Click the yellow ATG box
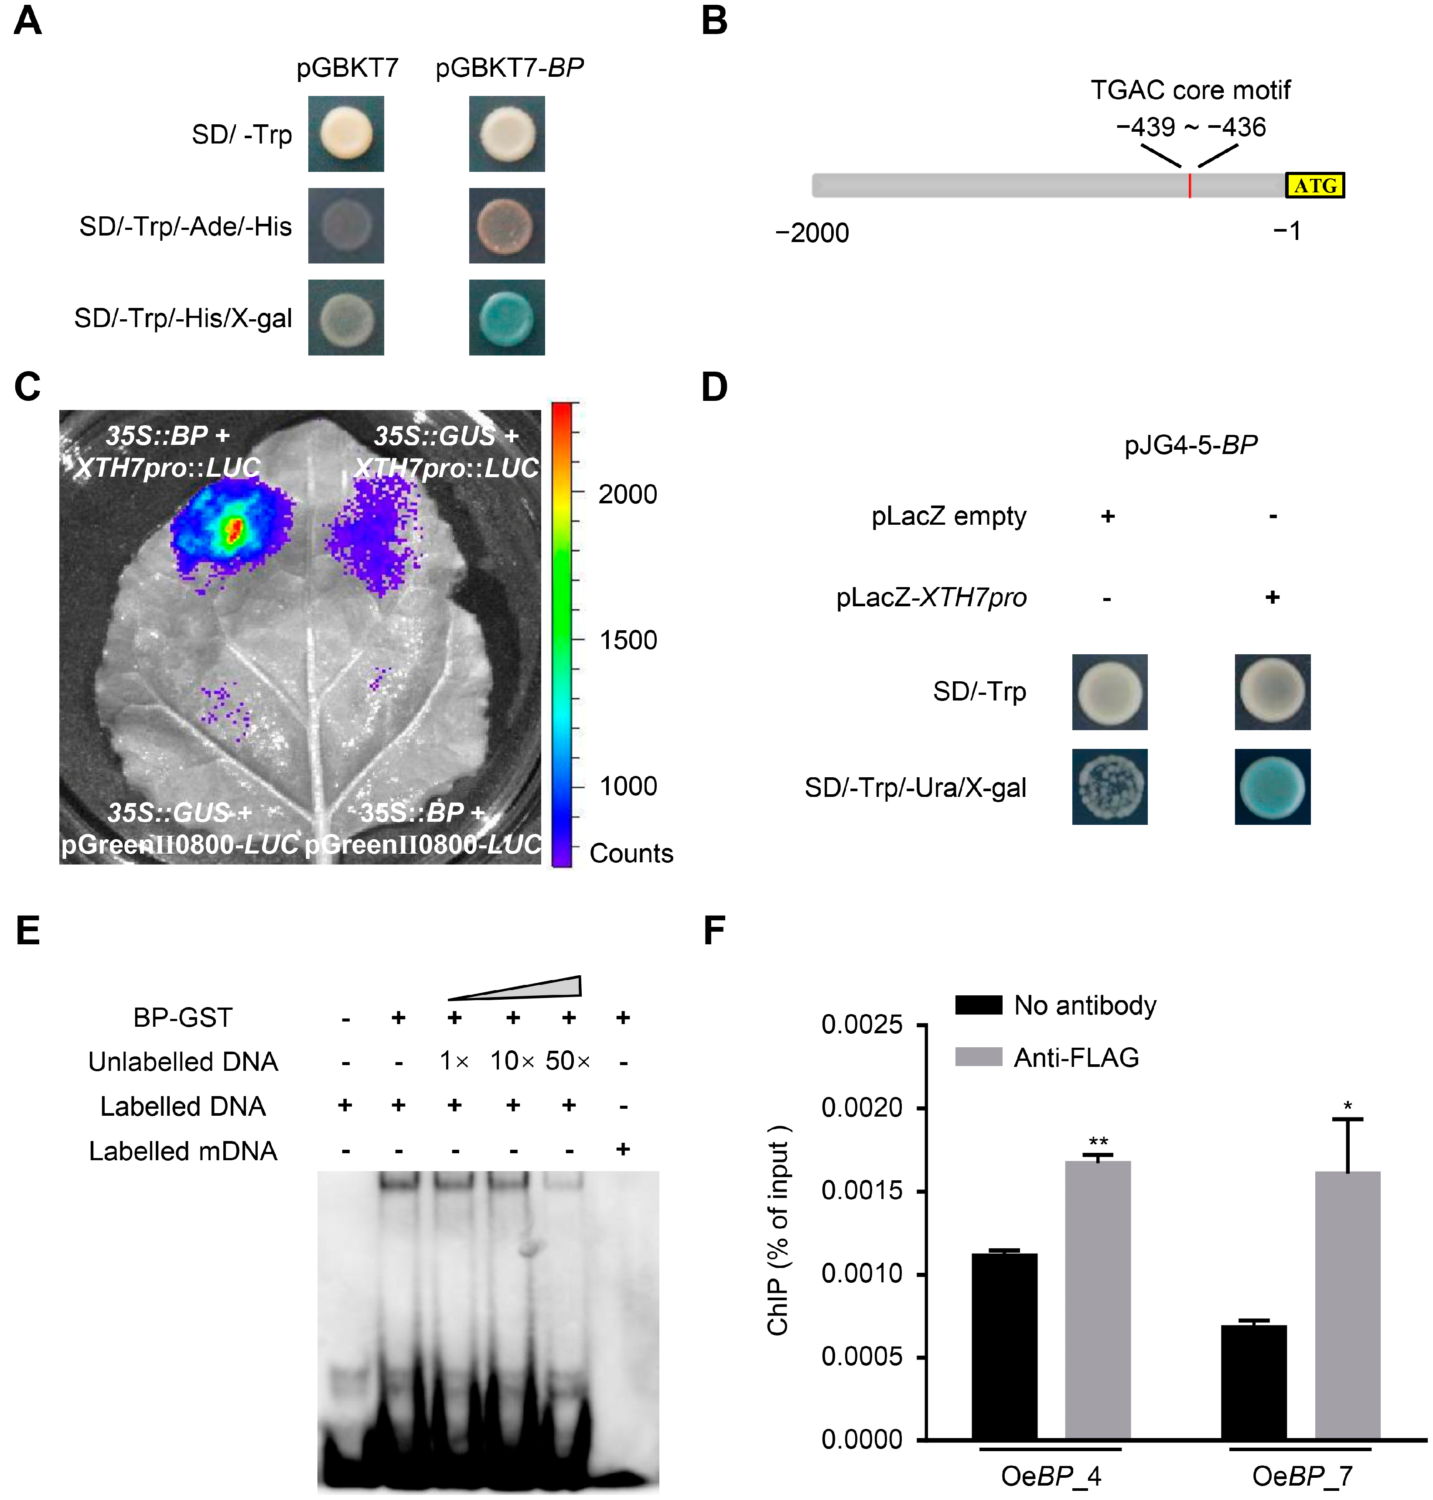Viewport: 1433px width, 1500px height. [x=1315, y=186]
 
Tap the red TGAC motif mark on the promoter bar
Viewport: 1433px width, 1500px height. [x=1189, y=186]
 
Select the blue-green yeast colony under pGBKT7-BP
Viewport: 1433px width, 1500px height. [x=506, y=317]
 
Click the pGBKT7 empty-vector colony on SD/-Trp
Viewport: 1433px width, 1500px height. [x=346, y=134]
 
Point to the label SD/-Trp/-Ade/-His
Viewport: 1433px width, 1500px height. [x=186, y=227]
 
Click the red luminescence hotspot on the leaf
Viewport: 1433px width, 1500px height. [x=235, y=529]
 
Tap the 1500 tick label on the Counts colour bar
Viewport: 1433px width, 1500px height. [x=627, y=640]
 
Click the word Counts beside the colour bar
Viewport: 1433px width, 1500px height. [x=631, y=854]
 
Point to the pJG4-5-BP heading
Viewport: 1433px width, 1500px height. [x=1191, y=445]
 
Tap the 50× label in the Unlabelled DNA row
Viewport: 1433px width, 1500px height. [x=567, y=1061]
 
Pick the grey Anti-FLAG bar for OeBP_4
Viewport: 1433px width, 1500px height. [x=1098, y=1299]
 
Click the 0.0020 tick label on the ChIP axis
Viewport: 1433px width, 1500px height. [x=862, y=1107]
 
